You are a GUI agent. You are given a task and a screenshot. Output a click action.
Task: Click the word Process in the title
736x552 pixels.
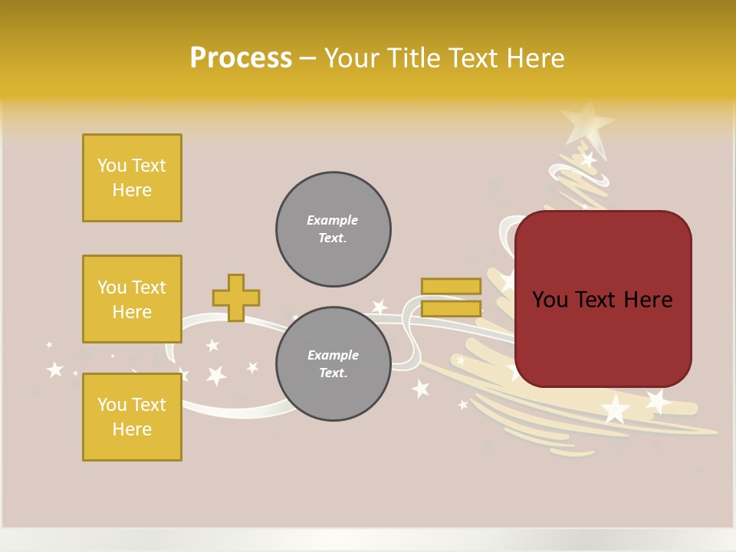(x=241, y=58)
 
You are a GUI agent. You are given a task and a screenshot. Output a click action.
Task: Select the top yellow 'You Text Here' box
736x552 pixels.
(x=132, y=178)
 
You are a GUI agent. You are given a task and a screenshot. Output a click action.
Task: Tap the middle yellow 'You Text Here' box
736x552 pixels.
(x=132, y=299)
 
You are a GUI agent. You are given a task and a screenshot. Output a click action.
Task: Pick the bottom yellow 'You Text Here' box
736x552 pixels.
(x=132, y=417)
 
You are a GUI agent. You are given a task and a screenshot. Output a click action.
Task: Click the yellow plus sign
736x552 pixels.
(x=236, y=297)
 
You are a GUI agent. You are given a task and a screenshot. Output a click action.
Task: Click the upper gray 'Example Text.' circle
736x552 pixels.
(x=333, y=229)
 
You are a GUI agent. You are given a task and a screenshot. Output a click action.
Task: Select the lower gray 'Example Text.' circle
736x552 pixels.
(x=333, y=364)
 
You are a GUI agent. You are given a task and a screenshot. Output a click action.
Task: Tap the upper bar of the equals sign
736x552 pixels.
(x=451, y=286)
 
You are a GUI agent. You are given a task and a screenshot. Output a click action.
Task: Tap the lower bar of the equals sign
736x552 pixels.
(x=451, y=309)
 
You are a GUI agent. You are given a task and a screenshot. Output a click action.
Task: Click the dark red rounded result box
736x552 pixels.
(x=603, y=337)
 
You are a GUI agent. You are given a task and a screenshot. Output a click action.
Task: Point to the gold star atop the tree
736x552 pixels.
(x=587, y=121)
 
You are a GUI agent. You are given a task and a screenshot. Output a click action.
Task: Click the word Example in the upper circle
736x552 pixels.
(x=333, y=220)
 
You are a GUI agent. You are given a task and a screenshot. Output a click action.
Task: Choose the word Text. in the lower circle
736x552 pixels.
(x=333, y=373)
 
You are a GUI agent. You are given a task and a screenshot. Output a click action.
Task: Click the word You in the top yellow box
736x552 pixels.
(x=112, y=166)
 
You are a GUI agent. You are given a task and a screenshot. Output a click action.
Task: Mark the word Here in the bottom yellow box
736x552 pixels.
(x=132, y=429)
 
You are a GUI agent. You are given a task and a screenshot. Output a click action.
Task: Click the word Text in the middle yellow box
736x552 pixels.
(x=149, y=287)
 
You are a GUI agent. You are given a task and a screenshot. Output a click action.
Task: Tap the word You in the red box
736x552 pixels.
(x=550, y=300)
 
